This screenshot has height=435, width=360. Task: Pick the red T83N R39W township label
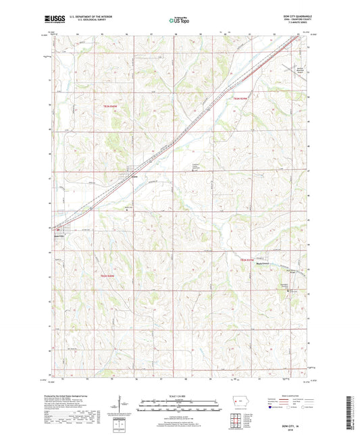pyautogui.click(x=241, y=99)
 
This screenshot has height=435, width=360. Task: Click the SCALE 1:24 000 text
pyautogui.click(x=179, y=396)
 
